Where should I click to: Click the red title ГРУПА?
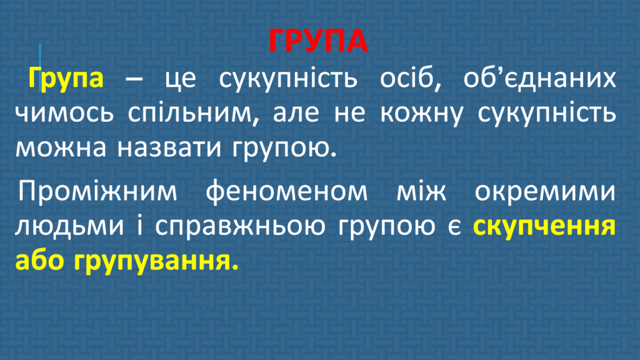(318, 41)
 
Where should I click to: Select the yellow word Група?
(66, 78)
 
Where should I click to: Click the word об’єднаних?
(539, 78)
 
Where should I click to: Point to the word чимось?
(64, 112)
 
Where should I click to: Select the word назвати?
(169, 147)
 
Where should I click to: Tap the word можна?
(61, 147)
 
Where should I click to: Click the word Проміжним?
(97, 191)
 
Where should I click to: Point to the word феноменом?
(286, 190)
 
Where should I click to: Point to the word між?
(421, 190)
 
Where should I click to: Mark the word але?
(296, 112)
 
